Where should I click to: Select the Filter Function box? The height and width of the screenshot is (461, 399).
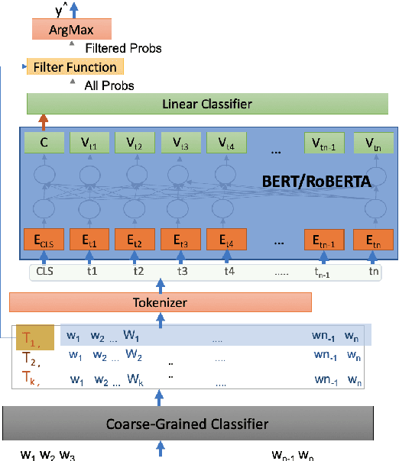(x=74, y=67)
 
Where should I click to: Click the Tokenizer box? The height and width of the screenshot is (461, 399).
(x=161, y=303)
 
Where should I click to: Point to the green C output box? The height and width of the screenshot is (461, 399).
(x=44, y=142)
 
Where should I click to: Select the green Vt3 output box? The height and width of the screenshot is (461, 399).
(x=180, y=142)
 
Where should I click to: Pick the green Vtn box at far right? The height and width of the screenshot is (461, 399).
(x=370, y=142)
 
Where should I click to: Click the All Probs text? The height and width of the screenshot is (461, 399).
(x=109, y=85)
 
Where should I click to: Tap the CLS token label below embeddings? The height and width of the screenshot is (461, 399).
(x=44, y=270)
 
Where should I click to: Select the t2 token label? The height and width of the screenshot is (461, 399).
(x=138, y=270)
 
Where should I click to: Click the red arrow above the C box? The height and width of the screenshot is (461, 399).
(x=44, y=121)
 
